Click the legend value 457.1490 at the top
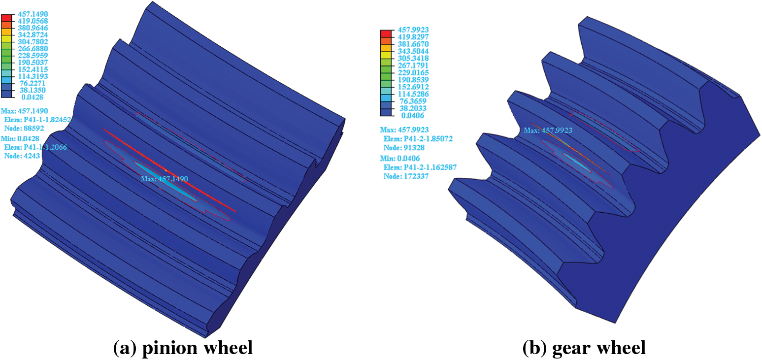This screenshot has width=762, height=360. pos(33,14)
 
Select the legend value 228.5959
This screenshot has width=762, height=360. pos(33,56)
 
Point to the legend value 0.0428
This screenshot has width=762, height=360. pos(33,97)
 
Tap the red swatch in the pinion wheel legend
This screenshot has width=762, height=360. pos(6,18)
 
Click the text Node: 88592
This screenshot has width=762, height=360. pos(24,128)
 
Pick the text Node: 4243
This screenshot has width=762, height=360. pos(22,156)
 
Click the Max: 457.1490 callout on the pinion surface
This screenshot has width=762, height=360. pos(165,179)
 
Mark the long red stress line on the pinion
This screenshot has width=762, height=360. pos(169,170)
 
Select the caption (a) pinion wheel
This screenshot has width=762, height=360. pos(183,348)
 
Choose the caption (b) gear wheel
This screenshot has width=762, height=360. pos(584,348)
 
